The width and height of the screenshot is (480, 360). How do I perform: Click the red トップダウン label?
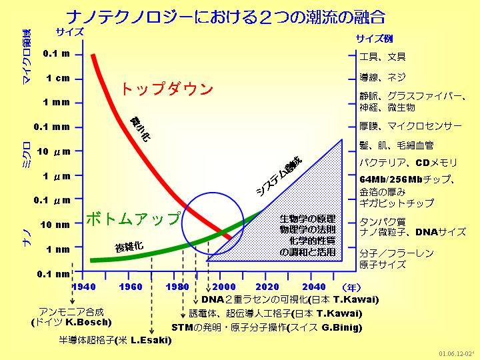point(167,89)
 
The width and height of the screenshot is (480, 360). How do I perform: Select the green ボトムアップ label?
point(133,218)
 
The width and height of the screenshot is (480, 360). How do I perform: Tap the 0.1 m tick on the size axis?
point(57,53)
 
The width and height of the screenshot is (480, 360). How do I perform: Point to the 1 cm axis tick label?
point(57,78)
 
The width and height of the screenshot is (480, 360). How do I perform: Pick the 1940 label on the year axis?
point(84,287)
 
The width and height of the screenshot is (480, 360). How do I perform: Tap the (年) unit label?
point(351,287)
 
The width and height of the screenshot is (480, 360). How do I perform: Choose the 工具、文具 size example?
point(382,56)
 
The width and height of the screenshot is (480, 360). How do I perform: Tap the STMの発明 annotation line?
point(267,327)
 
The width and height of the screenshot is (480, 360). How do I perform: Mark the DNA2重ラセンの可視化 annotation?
point(290,299)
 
